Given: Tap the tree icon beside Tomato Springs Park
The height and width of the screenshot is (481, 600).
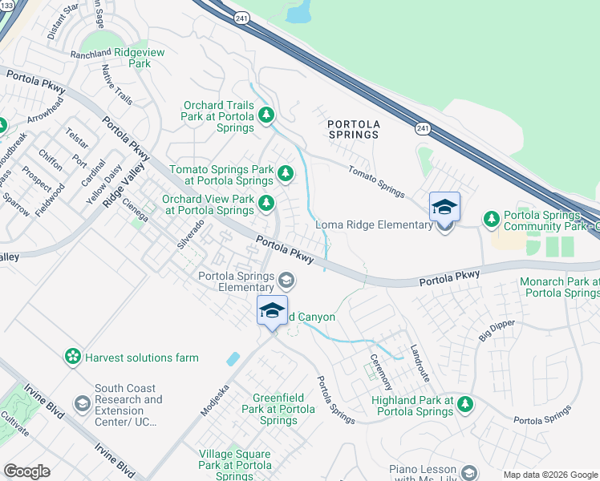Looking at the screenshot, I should tap(285, 173).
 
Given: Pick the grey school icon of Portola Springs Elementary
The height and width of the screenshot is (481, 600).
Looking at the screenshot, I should tap(286, 281).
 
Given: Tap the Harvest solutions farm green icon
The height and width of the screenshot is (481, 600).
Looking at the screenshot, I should tap(73, 355).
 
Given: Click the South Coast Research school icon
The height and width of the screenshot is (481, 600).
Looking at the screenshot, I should tap(82, 404).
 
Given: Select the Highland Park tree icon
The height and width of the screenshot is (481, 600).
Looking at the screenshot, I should tap(464, 406).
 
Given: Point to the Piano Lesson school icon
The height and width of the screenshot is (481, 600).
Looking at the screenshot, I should tap(468, 474).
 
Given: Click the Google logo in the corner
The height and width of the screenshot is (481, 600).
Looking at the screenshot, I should tap(27, 471).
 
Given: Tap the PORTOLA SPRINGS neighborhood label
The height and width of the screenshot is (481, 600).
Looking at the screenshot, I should tap(353, 129).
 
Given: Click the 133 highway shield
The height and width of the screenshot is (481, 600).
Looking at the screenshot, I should tap(6, 5).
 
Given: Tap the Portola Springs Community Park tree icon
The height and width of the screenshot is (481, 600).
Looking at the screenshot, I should tap(491, 219).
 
